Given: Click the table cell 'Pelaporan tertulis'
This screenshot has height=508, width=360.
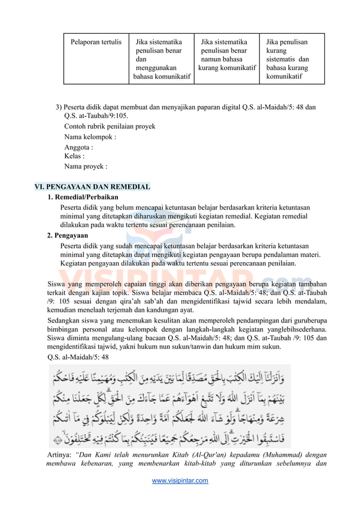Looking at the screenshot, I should tap(95, 42).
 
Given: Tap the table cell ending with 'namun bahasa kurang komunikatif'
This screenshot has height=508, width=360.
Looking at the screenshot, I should tap(227, 55).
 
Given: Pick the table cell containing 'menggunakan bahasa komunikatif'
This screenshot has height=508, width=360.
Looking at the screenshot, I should tap(161, 59).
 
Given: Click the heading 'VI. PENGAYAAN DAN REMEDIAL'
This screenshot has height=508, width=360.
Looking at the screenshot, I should tap(93, 187).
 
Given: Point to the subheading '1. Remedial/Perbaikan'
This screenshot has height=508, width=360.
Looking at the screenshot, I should tap(83, 197).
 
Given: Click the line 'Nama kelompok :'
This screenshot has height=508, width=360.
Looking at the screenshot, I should tap(90, 136).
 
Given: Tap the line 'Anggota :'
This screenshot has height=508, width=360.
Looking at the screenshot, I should tap(78, 148).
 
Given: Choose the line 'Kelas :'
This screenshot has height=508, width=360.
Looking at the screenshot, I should tap(74, 156).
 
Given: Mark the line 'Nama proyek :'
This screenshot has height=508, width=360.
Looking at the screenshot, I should tap(85, 166).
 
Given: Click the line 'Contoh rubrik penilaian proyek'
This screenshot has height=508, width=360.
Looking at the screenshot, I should tap(109, 126).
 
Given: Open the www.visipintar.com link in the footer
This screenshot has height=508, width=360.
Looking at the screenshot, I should tap(180, 480).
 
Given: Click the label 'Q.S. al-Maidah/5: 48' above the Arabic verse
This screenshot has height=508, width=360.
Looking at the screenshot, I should tap(78, 357).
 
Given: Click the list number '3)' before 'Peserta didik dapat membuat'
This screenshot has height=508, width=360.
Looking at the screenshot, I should tap(59, 107).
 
